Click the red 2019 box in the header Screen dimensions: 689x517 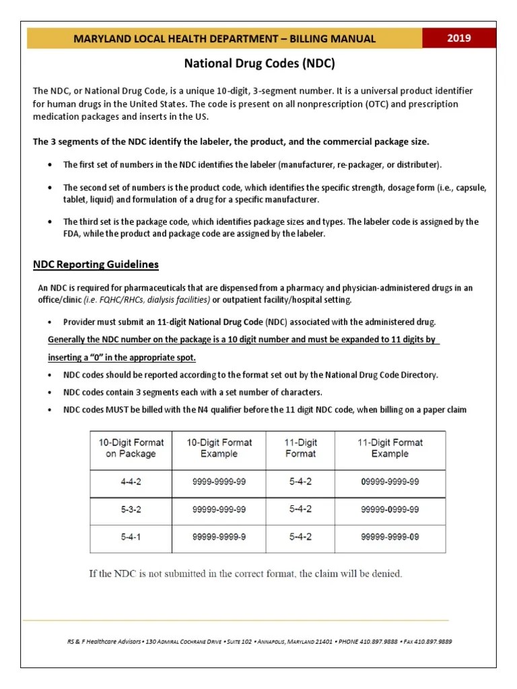(x=459, y=38)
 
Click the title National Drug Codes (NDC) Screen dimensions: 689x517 (x=259, y=65)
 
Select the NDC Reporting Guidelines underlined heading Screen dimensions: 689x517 (x=96, y=264)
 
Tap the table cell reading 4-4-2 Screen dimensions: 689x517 (x=131, y=482)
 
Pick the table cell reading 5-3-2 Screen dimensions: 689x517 (x=131, y=509)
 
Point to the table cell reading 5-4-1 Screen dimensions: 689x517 (x=131, y=537)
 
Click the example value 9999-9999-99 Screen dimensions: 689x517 (x=219, y=482)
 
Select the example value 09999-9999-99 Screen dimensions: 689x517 (x=390, y=482)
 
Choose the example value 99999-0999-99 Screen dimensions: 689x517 (x=390, y=509)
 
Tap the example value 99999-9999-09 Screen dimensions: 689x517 (x=390, y=537)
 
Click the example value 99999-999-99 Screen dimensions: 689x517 (x=219, y=509)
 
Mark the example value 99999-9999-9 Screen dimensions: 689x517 (x=219, y=537)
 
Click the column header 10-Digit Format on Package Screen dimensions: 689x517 (x=131, y=448)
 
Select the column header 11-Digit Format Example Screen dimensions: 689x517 (x=390, y=448)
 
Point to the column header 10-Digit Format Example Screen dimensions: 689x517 (x=219, y=448)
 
